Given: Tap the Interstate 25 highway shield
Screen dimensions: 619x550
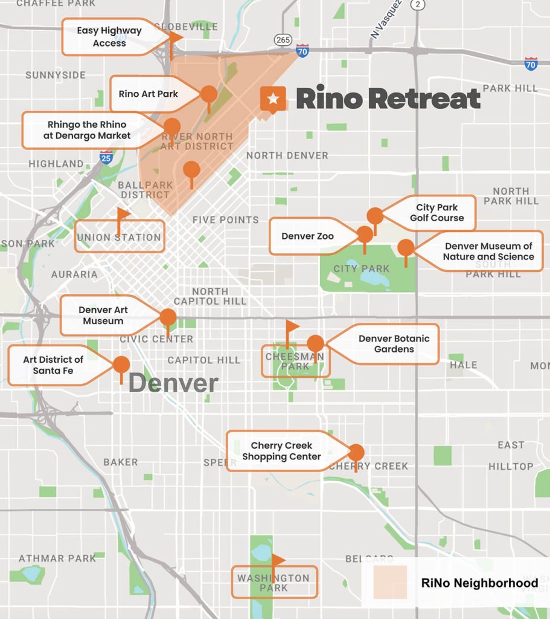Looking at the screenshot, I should [x=106, y=158].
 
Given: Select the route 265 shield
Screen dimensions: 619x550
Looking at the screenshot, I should [x=283, y=40].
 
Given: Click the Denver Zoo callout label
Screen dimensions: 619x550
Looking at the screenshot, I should [x=308, y=236].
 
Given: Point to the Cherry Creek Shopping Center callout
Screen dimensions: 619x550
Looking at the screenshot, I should [x=282, y=451].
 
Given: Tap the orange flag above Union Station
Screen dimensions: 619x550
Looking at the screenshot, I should [x=123, y=215].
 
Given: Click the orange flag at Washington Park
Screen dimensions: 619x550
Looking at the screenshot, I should [x=278, y=560].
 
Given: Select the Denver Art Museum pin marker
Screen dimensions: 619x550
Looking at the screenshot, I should [x=168, y=317].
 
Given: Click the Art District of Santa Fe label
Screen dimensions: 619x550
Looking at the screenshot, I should [x=53, y=365].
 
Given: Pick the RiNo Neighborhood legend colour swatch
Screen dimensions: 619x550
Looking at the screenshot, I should [x=390, y=582].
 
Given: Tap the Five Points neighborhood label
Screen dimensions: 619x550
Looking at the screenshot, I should [x=225, y=220].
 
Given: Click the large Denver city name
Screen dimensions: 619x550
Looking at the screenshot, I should [x=173, y=383].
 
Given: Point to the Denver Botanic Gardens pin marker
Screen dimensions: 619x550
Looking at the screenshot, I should [x=315, y=343].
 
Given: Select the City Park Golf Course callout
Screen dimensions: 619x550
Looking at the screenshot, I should [x=436, y=213].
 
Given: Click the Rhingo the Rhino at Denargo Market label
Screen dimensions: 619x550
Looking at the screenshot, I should [x=87, y=130].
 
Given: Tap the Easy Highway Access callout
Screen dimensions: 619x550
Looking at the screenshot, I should [x=109, y=37].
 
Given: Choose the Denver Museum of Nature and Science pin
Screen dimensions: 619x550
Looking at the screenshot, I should [x=406, y=248].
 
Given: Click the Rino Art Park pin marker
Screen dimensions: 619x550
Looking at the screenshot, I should [x=209, y=94].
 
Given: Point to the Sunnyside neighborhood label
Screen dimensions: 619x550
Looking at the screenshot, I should [x=56, y=76].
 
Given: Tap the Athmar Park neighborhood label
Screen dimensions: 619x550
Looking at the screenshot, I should [x=57, y=558].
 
